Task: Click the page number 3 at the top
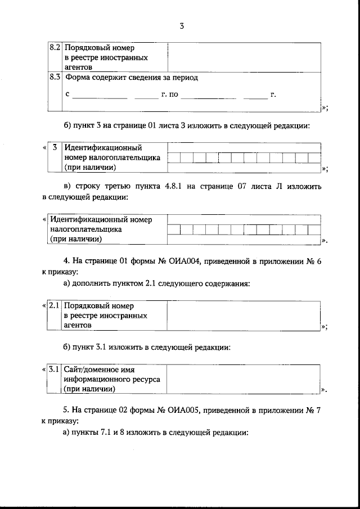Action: click(x=181, y=26)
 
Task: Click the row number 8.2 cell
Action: click(x=55, y=48)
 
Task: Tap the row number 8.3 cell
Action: click(x=55, y=78)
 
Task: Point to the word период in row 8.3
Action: click(x=184, y=78)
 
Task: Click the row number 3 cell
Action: click(x=55, y=148)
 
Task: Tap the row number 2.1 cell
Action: click(x=55, y=306)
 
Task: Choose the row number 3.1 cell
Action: click(x=55, y=370)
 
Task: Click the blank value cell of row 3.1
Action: click(x=244, y=379)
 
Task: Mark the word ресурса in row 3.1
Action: click(x=146, y=379)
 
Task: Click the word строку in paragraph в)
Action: click(x=84, y=186)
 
